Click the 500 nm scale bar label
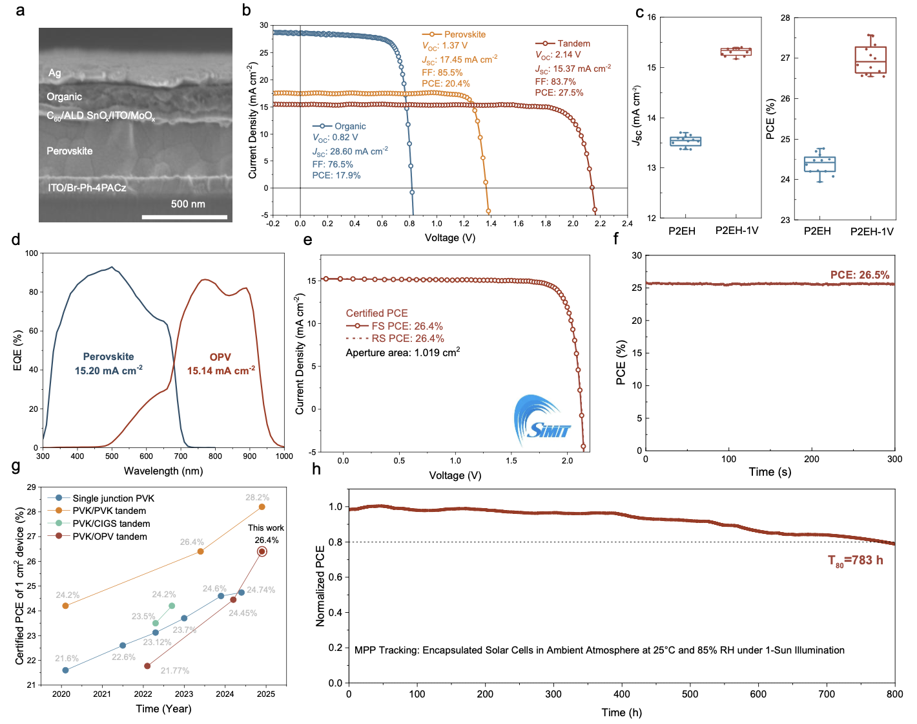188,204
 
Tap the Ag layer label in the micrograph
55,73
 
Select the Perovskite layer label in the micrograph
70,151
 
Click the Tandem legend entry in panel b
573,43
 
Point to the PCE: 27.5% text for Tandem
559,92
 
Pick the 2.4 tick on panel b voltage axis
627,224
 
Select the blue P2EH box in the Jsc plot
685,141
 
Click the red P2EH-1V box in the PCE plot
871,60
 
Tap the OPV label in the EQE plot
220,357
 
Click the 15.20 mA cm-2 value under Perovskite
108,370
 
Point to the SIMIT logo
542,418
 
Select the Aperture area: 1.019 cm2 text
403,352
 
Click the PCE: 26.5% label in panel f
860,275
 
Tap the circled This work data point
262,551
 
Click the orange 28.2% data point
262,507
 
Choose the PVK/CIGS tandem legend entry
111,524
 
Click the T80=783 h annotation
855,560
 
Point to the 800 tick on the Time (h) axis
894,694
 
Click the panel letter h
316,469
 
